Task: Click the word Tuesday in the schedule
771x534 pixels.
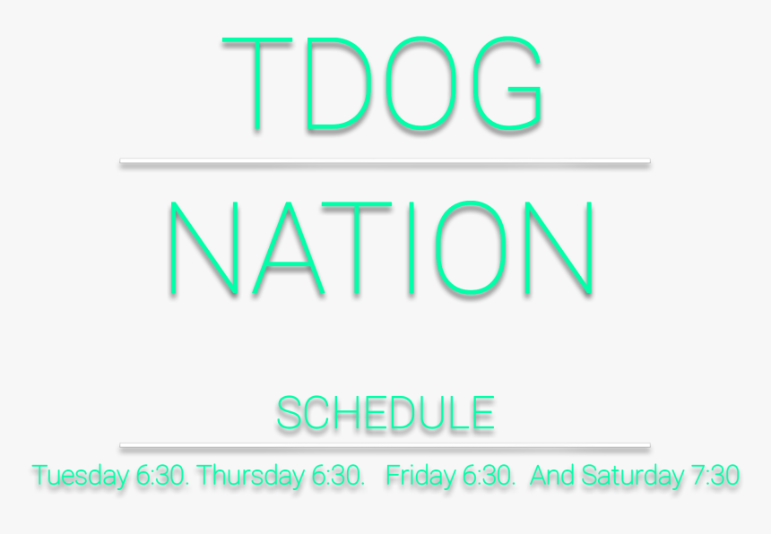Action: tap(81, 476)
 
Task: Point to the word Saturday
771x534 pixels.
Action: tap(632, 476)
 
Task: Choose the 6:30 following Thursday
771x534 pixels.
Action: tap(338, 475)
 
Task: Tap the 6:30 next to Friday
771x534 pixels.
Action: tap(489, 475)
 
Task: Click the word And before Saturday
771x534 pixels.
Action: tap(552, 475)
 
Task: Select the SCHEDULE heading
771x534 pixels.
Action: tap(385, 413)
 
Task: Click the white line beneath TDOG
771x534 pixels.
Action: tap(385, 160)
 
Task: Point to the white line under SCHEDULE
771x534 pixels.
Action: tap(385, 445)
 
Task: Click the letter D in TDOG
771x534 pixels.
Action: tap(310, 83)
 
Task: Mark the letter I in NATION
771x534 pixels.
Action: tap(411, 247)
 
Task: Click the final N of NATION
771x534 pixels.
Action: tap(559, 247)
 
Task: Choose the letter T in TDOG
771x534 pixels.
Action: tap(257, 83)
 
